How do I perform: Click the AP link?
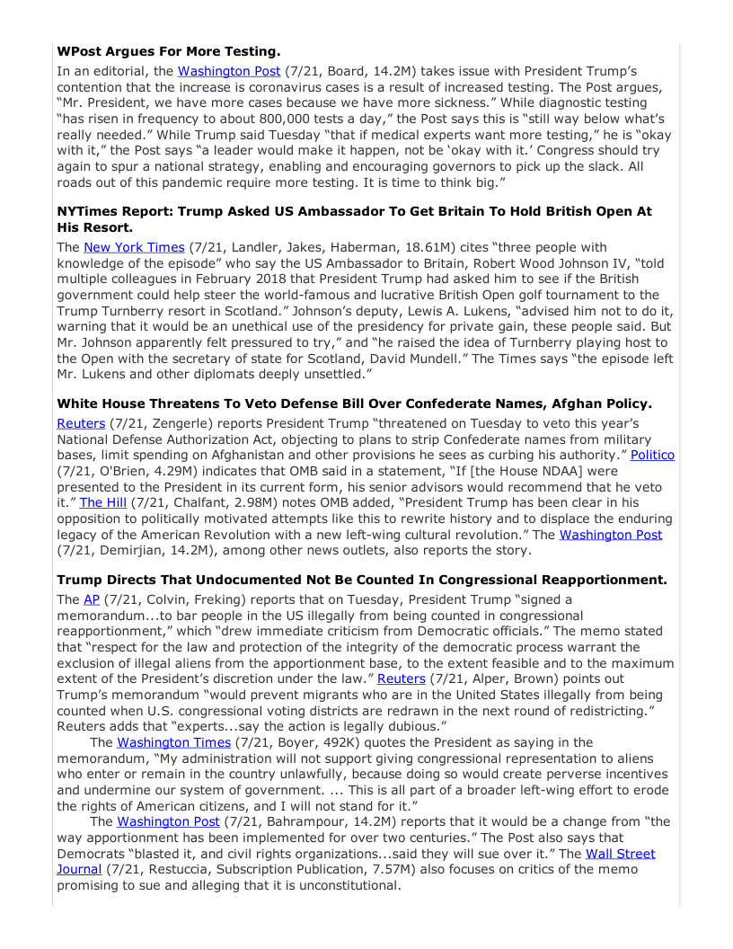(92, 599)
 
